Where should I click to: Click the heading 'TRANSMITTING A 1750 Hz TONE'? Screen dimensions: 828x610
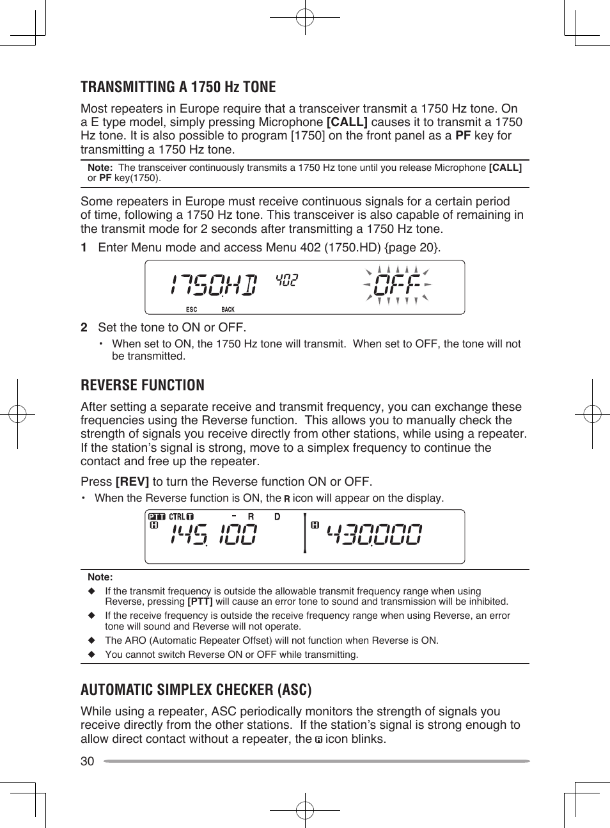pos(178,87)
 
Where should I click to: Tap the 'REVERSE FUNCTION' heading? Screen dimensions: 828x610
pos(143,385)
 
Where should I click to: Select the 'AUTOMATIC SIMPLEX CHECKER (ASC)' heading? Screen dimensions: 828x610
pos(196,690)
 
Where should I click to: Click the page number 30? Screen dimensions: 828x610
pos(87,761)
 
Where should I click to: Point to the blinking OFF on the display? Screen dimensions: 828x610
pos(397,285)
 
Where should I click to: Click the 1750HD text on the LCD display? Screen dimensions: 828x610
pos(214,285)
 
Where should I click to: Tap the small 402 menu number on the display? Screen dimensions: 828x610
pos(286,280)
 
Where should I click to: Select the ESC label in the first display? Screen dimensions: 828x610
pos(191,310)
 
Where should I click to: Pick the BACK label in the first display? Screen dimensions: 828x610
pos(228,310)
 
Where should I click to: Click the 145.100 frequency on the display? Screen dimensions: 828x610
pos(214,534)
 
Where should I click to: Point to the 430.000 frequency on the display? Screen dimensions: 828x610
pos(374,534)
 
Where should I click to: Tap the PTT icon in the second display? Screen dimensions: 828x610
pos(157,516)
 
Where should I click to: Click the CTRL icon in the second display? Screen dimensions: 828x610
pos(181,516)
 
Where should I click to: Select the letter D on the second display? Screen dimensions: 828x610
pos(278,516)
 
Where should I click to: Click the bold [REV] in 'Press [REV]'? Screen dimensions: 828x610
pos(132,482)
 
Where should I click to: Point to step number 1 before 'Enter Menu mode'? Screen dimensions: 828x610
pos(84,248)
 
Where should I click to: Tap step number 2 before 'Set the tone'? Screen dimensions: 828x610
pos(84,328)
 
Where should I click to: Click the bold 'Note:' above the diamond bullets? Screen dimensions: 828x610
pos(100,577)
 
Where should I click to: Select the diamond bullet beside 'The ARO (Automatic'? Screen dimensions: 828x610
pos(91,641)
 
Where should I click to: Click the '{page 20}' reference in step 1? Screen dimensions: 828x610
pos(412,248)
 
